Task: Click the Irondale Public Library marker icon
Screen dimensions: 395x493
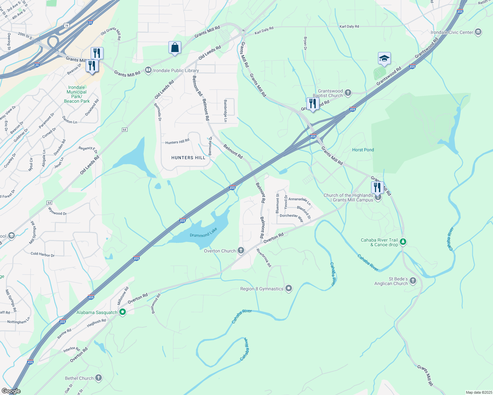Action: coord(148,70)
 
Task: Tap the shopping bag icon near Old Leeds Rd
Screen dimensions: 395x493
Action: coord(175,47)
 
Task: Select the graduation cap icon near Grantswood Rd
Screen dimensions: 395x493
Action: coord(384,59)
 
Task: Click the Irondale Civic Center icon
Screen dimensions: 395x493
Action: coord(478,32)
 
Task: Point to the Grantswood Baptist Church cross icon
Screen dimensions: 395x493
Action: coord(348,93)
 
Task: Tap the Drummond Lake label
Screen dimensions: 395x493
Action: coord(203,232)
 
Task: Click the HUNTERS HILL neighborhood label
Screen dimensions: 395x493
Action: coord(188,158)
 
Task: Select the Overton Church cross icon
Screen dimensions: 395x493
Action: coord(241,251)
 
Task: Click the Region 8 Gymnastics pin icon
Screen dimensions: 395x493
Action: coord(289,289)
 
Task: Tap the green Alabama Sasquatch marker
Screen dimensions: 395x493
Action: coord(123,312)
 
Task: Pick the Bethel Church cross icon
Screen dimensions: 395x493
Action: coord(99,378)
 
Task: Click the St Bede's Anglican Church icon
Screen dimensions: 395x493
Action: coord(413,281)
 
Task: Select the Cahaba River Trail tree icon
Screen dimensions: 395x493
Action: coord(403,242)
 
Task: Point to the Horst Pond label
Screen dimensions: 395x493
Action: coord(363,150)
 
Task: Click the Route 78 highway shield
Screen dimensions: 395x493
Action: coord(67,25)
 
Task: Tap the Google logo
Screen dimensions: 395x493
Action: coord(11,391)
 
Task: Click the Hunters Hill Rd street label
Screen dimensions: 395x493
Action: coord(177,142)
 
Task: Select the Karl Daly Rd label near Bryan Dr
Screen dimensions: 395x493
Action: coord(349,26)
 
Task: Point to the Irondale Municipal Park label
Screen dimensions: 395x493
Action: coord(76,94)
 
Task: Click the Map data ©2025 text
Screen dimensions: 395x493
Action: coord(479,392)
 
